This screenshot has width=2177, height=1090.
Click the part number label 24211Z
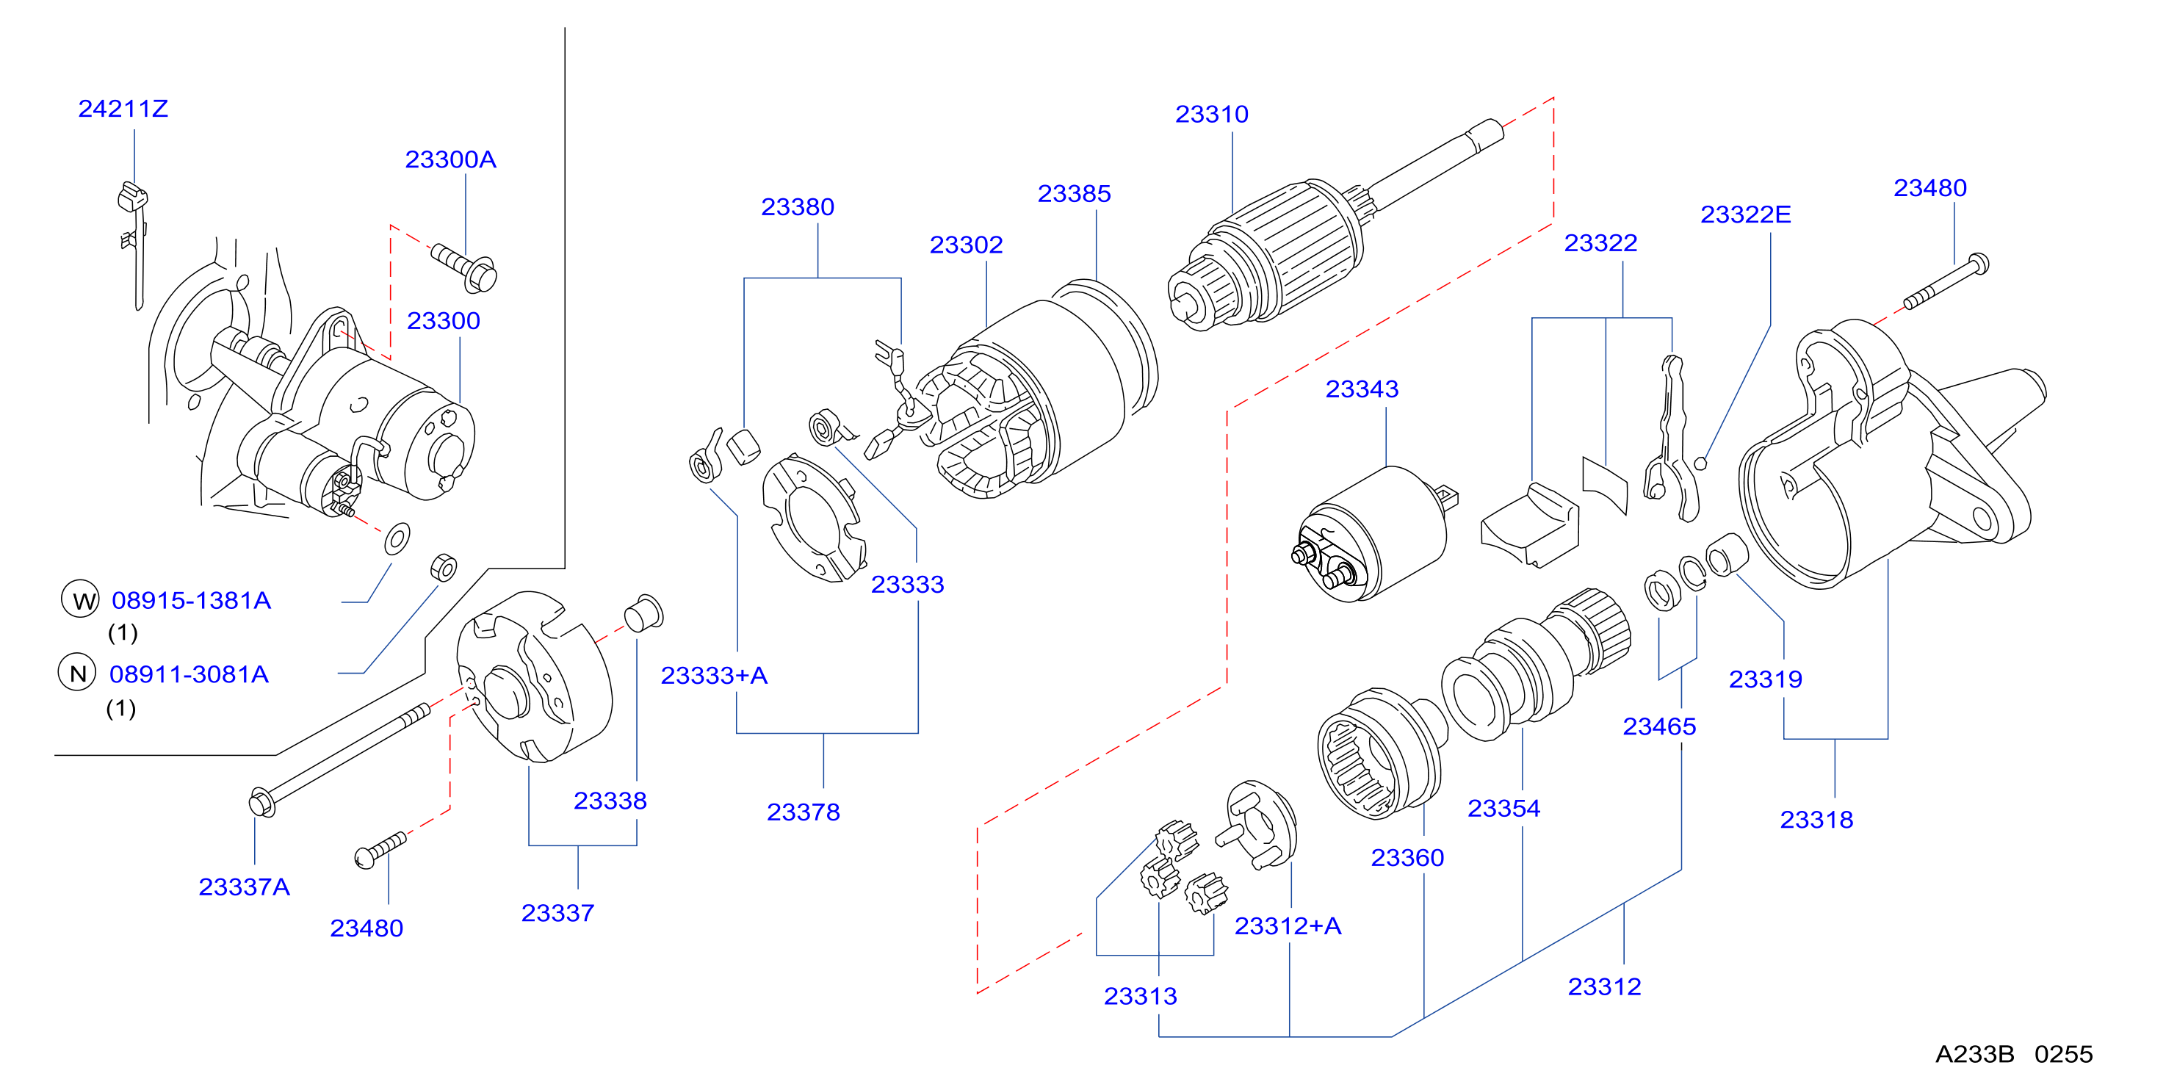coord(123,109)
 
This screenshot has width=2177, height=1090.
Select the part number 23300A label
coord(450,159)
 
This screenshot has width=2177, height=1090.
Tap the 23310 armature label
coord(1212,114)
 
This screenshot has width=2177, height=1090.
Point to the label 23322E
coord(1745,214)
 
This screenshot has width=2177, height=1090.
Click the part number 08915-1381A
coord(191,601)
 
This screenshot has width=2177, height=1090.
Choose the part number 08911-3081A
coord(189,674)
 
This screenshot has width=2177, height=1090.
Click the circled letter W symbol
coord(80,599)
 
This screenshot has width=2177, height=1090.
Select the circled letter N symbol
coord(77,673)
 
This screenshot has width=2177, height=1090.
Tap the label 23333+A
coord(714,676)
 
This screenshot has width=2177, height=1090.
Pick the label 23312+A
coord(1288,926)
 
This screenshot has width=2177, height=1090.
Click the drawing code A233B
coord(1975,1055)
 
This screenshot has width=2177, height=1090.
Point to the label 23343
coord(1362,389)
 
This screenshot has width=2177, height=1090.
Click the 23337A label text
coord(245,887)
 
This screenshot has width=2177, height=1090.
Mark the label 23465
coord(1659,726)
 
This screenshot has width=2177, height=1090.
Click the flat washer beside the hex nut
coord(397,538)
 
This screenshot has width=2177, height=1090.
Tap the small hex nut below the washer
coord(444,568)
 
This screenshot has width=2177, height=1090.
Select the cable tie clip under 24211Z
coord(133,244)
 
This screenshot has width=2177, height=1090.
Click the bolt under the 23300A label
coord(465,267)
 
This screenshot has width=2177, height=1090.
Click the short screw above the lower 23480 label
coord(380,849)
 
